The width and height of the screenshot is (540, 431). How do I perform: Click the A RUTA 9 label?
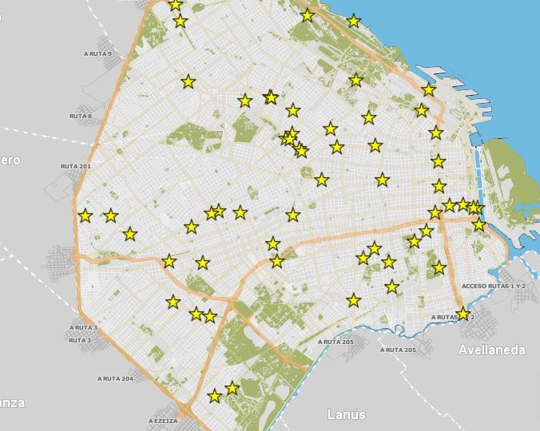click(x=97, y=54)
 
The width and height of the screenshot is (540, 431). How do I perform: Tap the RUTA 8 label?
click(x=81, y=117)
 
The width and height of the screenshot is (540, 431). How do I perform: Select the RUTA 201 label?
click(x=75, y=166)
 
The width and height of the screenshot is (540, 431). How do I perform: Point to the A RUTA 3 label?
click(x=83, y=327)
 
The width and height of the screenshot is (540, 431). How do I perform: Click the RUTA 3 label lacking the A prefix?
click(x=79, y=340)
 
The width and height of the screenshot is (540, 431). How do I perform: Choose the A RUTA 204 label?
click(x=115, y=378)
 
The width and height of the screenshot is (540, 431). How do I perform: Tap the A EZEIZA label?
click(x=163, y=421)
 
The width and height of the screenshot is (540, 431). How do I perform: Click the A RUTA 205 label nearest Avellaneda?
click(x=398, y=350)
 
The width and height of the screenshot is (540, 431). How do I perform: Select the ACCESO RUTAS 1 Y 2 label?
click(x=494, y=286)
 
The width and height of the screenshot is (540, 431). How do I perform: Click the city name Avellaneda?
click(x=491, y=350)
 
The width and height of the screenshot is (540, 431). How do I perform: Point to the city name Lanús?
click(x=347, y=414)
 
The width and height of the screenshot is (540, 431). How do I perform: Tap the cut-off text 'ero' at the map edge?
click(x=10, y=160)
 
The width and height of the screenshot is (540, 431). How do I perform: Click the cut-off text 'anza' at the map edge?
click(x=12, y=402)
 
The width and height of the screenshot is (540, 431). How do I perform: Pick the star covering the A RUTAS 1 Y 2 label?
click(x=463, y=314)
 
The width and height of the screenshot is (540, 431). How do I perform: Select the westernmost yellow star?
click(x=85, y=215)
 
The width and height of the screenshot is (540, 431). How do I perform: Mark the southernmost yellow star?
click(x=214, y=396)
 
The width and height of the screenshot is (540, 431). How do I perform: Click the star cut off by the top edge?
click(x=176, y=5)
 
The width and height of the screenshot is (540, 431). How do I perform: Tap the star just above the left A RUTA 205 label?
click(x=353, y=301)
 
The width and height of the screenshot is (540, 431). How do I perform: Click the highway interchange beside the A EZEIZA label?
click(x=186, y=412)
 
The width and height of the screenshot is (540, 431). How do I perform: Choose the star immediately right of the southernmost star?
click(x=232, y=388)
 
